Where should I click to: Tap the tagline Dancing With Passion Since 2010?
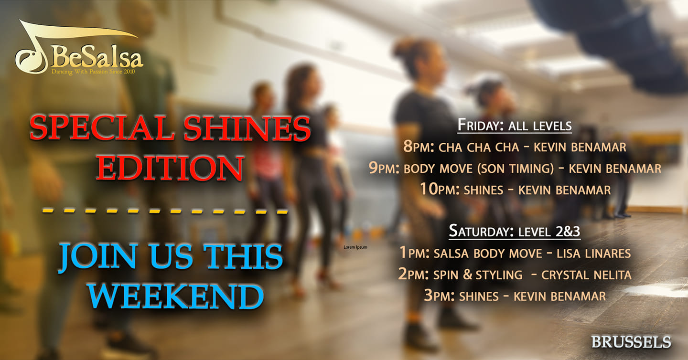93,72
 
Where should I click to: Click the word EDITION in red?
171,168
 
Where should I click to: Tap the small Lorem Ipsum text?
355,247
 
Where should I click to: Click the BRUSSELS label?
631,342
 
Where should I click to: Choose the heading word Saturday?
481,231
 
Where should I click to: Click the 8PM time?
419,147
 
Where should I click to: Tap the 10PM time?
440,190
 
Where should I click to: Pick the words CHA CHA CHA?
479,148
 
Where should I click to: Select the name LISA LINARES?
594,254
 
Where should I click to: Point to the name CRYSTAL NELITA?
586,275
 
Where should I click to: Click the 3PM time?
439,296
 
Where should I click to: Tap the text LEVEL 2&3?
549,232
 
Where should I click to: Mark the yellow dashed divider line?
165,211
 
